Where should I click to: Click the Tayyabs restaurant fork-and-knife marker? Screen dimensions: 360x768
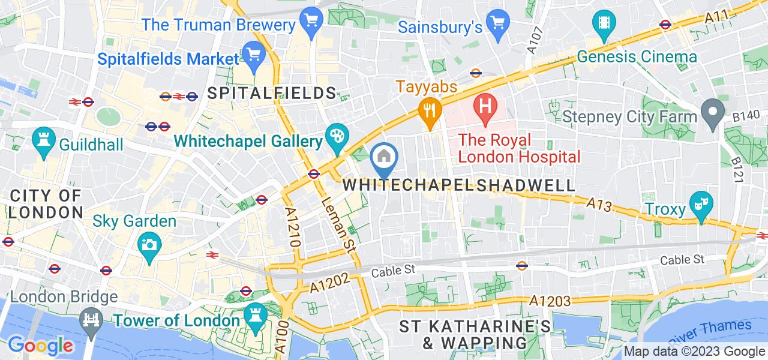click(x=430, y=110)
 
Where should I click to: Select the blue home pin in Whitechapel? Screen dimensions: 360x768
click(x=383, y=158)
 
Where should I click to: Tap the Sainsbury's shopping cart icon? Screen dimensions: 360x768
click(x=497, y=22)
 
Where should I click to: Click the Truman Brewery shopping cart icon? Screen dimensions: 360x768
click(x=310, y=22)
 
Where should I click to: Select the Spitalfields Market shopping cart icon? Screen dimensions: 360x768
click(x=254, y=55)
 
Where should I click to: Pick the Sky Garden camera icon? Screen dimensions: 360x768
click(x=148, y=244)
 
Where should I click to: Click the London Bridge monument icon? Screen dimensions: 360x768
click(x=91, y=319)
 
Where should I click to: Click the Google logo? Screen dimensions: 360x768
click(x=40, y=346)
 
